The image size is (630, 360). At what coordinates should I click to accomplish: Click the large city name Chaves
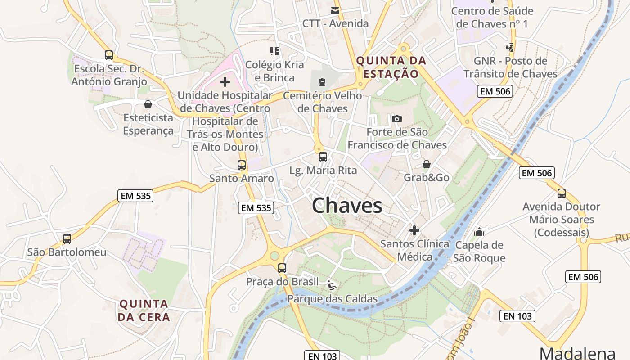(x=347, y=206)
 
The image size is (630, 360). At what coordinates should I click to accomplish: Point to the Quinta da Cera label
(x=144, y=310)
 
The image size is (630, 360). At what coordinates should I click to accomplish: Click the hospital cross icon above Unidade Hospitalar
(x=225, y=82)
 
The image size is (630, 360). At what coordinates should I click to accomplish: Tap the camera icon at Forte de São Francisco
(x=396, y=119)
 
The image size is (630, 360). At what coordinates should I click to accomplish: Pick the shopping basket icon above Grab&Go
(x=426, y=164)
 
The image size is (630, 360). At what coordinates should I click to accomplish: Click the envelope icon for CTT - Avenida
(x=335, y=10)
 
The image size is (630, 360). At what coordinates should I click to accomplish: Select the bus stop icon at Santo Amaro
(x=242, y=165)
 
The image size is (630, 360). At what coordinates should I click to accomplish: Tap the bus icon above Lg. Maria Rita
(x=323, y=157)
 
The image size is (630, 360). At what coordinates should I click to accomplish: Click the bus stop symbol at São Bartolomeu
(x=67, y=239)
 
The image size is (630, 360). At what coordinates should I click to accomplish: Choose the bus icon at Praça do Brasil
(x=282, y=268)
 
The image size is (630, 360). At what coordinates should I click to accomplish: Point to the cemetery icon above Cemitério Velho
(x=322, y=82)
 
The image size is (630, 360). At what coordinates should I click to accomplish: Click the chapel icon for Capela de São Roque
(x=479, y=232)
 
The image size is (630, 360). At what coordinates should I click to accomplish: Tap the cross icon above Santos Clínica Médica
(x=414, y=230)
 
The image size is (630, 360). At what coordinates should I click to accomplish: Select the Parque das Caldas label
(x=333, y=299)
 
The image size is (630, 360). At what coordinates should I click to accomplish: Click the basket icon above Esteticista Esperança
(x=148, y=104)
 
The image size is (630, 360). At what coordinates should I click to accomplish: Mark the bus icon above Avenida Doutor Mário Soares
(x=562, y=193)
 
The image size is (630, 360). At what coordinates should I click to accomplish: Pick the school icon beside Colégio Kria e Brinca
(x=274, y=51)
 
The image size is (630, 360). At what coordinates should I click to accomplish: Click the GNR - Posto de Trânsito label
(x=510, y=67)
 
